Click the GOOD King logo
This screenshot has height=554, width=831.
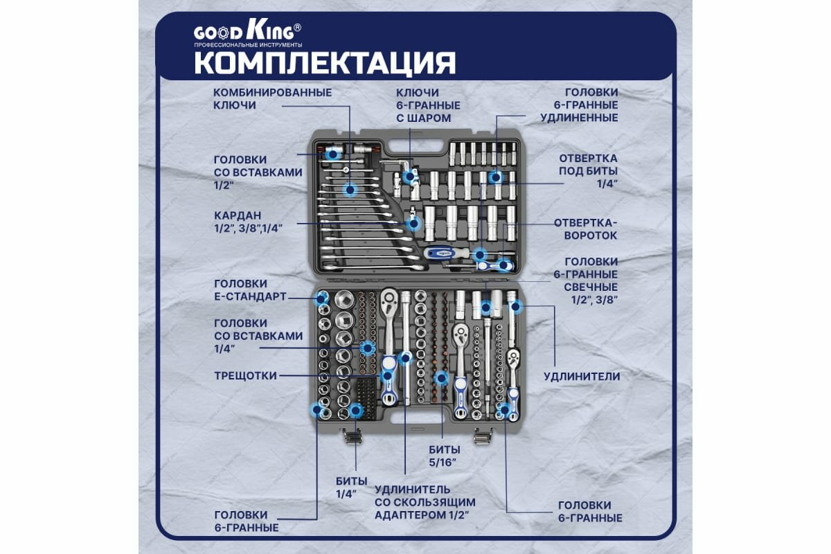pyautogui.click(x=247, y=32)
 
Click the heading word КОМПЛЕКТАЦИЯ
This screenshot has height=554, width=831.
pyautogui.click(x=325, y=62)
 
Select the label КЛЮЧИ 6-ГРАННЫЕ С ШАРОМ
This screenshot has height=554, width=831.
pyautogui.click(x=428, y=105)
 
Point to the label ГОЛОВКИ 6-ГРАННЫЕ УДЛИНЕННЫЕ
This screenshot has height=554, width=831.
pyautogui.click(x=591, y=105)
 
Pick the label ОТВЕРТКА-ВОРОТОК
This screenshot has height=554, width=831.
pyautogui.click(x=585, y=229)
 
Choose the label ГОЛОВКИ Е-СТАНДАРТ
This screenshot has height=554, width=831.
pyautogui.click(x=250, y=290)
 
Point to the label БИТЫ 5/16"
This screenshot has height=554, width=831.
pyautogui.click(x=443, y=456)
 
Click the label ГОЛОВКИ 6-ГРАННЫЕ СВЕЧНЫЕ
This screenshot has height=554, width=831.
pyautogui.click(x=591, y=280)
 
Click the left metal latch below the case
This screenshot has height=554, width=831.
pyautogui.click(x=352, y=436)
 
